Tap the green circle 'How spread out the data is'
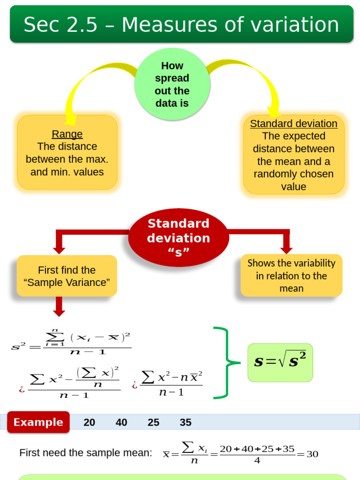click(172, 84)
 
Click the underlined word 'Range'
click(67, 134)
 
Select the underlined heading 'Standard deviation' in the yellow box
click(293, 124)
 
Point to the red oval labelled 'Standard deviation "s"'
click(179, 238)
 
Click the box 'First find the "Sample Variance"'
click(67, 276)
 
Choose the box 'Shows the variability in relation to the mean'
click(291, 276)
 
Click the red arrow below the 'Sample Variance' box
click(59, 307)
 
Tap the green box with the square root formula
click(280, 362)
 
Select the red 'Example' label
click(38, 422)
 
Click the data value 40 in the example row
click(121, 422)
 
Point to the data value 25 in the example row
click(153, 422)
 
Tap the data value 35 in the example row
click(186, 422)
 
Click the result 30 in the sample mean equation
click(312, 454)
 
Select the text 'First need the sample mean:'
click(86, 453)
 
